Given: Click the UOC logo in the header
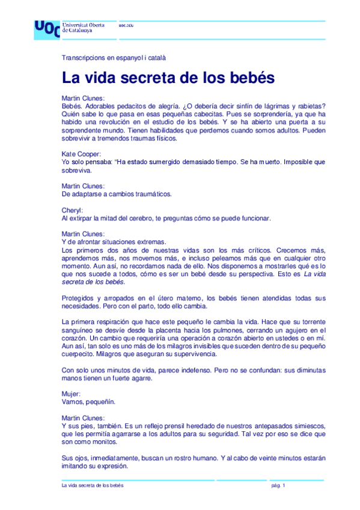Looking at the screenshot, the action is click(47, 28).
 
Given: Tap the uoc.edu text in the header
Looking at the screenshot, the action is click(126, 25).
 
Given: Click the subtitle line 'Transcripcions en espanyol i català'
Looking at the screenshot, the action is click(114, 58).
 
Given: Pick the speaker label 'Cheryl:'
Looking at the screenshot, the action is click(72, 210).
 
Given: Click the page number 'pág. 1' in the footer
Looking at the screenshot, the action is click(278, 485).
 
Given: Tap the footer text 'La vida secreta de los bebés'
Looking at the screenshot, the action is click(92, 485).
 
